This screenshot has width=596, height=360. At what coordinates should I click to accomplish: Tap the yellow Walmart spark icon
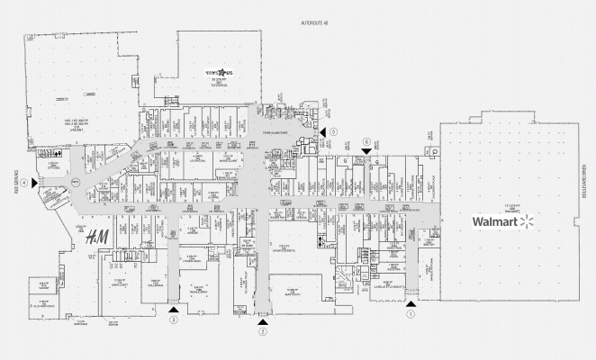(x=528, y=220)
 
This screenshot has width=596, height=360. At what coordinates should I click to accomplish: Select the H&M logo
(x=95, y=238)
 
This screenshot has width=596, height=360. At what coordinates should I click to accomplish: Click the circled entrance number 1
(x=411, y=315)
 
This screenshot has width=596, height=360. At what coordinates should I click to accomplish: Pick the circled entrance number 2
(x=263, y=331)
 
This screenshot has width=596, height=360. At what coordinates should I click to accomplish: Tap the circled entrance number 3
(x=174, y=319)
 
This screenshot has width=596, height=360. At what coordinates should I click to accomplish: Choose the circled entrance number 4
(x=27, y=183)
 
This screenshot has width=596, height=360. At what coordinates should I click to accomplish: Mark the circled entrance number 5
(x=332, y=132)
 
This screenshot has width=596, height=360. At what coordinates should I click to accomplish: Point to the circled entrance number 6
(x=366, y=141)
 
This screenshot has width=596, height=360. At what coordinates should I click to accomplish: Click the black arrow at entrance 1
(x=411, y=304)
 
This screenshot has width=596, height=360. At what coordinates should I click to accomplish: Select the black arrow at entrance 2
(x=263, y=320)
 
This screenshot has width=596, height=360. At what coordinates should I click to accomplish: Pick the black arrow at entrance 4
(x=35, y=183)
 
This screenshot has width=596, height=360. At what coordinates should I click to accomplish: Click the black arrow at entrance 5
(x=321, y=132)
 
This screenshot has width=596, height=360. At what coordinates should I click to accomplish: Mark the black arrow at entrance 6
(x=366, y=150)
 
